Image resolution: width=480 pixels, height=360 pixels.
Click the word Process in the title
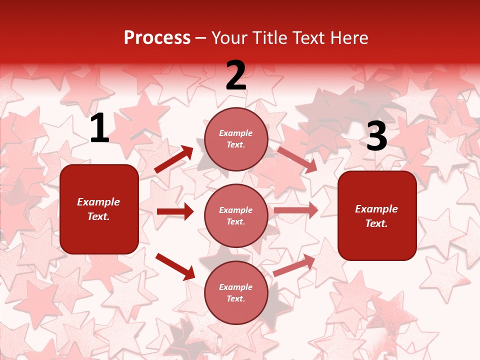coord(157,38)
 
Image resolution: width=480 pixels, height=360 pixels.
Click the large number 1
coord(99,128)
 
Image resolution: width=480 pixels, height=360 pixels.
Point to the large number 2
coord(236,75)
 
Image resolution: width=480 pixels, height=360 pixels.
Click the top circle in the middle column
coord(236,139)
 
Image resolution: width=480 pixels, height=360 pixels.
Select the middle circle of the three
coord(236,216)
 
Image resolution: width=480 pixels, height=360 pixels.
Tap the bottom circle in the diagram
coord(236,293)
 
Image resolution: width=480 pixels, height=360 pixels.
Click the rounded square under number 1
coord(99,209)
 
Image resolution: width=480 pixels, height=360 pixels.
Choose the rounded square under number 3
coord(377,216)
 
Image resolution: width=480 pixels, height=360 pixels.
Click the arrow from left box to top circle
coord(173,159)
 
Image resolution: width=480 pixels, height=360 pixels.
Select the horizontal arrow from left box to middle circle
coord(175,211)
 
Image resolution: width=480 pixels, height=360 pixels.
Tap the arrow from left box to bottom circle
coord(175,266)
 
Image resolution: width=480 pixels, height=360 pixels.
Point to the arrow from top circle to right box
coord(297,159)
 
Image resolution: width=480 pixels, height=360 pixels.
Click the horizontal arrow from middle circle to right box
coord(295,210)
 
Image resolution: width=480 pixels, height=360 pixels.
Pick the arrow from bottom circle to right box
coord(294,265)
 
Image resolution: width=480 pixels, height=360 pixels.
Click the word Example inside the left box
coord(98,202)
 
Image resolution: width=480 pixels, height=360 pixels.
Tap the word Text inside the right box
coord(376,223)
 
